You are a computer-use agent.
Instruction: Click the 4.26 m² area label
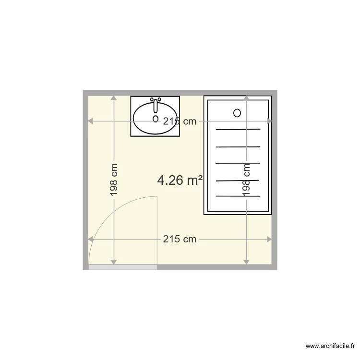click(180, 180)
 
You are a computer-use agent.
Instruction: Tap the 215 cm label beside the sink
click(180, 121)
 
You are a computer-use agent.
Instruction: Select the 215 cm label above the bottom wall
click(180, 239)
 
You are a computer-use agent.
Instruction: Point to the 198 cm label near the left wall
click(114, 180)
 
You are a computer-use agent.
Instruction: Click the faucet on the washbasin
click(156, 102)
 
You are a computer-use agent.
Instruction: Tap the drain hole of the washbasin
click(156, 118)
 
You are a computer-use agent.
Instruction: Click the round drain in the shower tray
click(237, 113)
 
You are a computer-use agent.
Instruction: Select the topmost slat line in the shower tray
click(238, 130)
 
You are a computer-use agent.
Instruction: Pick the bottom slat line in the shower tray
click(238, 196)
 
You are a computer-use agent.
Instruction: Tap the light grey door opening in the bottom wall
click(123, 267)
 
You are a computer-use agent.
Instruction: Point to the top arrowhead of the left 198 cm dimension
click(114, 98)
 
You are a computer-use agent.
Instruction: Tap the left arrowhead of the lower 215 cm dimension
click(91, 239)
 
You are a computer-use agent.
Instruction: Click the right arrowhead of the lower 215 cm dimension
click(269, 239)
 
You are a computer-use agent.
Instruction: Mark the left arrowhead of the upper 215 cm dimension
click(91, 121)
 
